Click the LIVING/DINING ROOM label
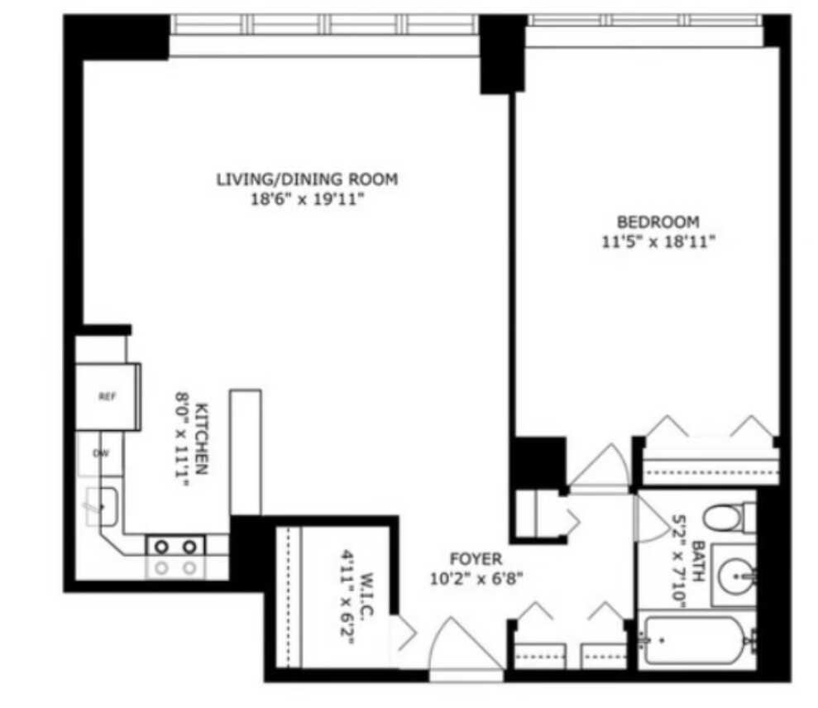(307, 179)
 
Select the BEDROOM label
(658, 222)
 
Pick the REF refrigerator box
(107, 396)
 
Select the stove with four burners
(175, 557)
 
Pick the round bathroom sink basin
(734, 571)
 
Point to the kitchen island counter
(245, 452)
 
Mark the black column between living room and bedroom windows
(502, 55)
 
